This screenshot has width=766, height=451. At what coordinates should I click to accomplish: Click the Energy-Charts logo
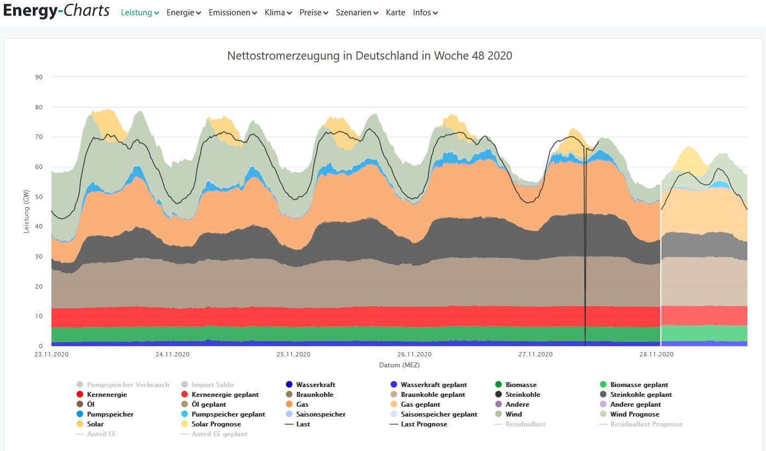56,11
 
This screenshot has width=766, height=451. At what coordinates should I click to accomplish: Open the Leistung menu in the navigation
140,13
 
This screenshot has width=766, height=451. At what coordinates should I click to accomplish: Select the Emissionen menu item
233,13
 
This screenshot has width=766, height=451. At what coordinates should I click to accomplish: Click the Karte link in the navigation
396,13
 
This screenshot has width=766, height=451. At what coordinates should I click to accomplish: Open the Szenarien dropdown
357,13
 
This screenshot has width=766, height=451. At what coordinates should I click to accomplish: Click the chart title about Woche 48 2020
369,56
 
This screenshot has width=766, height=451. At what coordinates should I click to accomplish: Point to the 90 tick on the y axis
39,77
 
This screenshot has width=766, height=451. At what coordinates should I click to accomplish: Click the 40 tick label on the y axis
39,226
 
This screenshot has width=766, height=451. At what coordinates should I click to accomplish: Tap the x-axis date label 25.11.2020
293,354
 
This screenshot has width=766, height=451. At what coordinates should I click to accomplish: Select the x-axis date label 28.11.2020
656,354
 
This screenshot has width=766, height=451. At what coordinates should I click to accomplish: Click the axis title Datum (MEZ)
399,365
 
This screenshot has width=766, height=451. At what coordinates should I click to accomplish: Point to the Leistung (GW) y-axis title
26,212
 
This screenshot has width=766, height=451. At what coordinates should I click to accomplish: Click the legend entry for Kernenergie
107,395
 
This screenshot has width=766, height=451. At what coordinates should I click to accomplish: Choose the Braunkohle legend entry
315,395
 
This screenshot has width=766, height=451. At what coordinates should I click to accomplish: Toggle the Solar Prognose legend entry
216,424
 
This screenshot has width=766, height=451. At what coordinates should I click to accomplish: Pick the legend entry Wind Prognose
635,414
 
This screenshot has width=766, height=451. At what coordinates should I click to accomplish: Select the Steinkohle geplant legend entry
641,395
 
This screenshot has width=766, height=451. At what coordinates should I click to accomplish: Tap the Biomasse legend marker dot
498,385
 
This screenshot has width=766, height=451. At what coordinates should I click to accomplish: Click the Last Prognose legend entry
423,424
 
